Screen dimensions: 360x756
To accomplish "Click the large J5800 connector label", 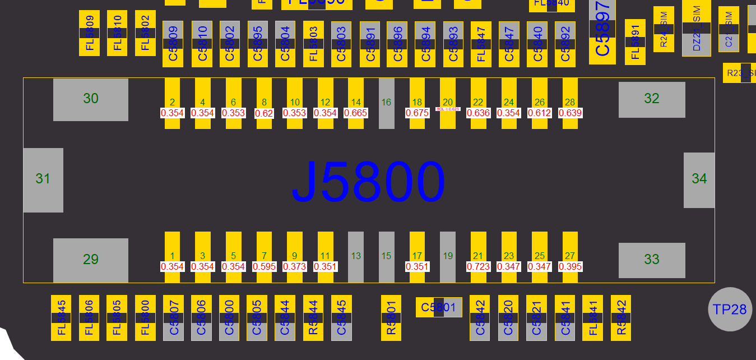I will click(x=368, y=182).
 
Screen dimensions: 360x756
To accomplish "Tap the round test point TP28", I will click(x=730, y=309).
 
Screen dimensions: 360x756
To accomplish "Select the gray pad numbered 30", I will click(x=91, y=99).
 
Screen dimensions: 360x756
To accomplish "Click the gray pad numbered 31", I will click(x=43, y=179).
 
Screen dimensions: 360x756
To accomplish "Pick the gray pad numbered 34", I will click(x=699, y=179).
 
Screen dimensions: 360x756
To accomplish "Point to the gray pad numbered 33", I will click(x=652, y=260).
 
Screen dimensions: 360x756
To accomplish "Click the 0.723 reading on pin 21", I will click(x=478, y=266).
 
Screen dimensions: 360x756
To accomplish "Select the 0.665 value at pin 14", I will click(x=356, y=113).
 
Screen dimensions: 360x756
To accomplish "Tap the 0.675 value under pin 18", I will click(x=417, y=113).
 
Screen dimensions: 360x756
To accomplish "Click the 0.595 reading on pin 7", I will click(x=264, y=266).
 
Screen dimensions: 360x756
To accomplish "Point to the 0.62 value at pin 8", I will click(x=264, y=113).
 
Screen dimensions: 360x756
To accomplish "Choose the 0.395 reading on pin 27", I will click(x=570, y=266).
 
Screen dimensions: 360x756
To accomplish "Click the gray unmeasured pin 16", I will click(x=386, y=103).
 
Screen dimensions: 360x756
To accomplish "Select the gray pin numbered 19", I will click(x=447, y=256).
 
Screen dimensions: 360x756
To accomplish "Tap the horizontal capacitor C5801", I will click(x=439, y=307).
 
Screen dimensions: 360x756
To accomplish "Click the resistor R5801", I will click(x=391, y=317).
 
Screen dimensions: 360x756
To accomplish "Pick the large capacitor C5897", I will click(x=602, y=32).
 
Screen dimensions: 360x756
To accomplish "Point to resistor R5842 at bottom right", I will click(x=620, y=317).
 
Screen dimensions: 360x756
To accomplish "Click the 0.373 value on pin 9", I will click(x=295, y=266).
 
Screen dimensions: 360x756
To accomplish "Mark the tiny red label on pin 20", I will click(x=448, y=109).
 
